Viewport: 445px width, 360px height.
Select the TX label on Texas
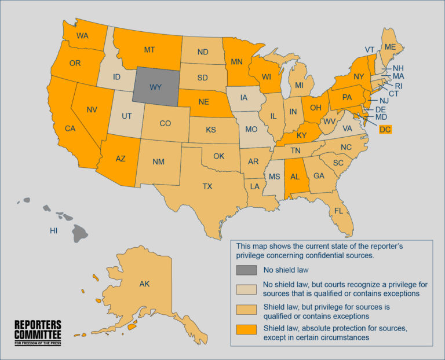coord(207,186)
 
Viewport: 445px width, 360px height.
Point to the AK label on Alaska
coord(144,284)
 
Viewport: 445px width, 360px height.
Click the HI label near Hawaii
coord(53,230)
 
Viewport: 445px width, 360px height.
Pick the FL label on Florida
coord(338,211)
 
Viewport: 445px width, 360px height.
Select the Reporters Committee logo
coord(38,332)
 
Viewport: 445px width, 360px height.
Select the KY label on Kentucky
coord(302,135)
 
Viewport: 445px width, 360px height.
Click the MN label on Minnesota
coord(237,60)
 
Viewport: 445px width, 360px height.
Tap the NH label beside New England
coord(398,68)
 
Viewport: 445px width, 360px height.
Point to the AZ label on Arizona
coord(120,159)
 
